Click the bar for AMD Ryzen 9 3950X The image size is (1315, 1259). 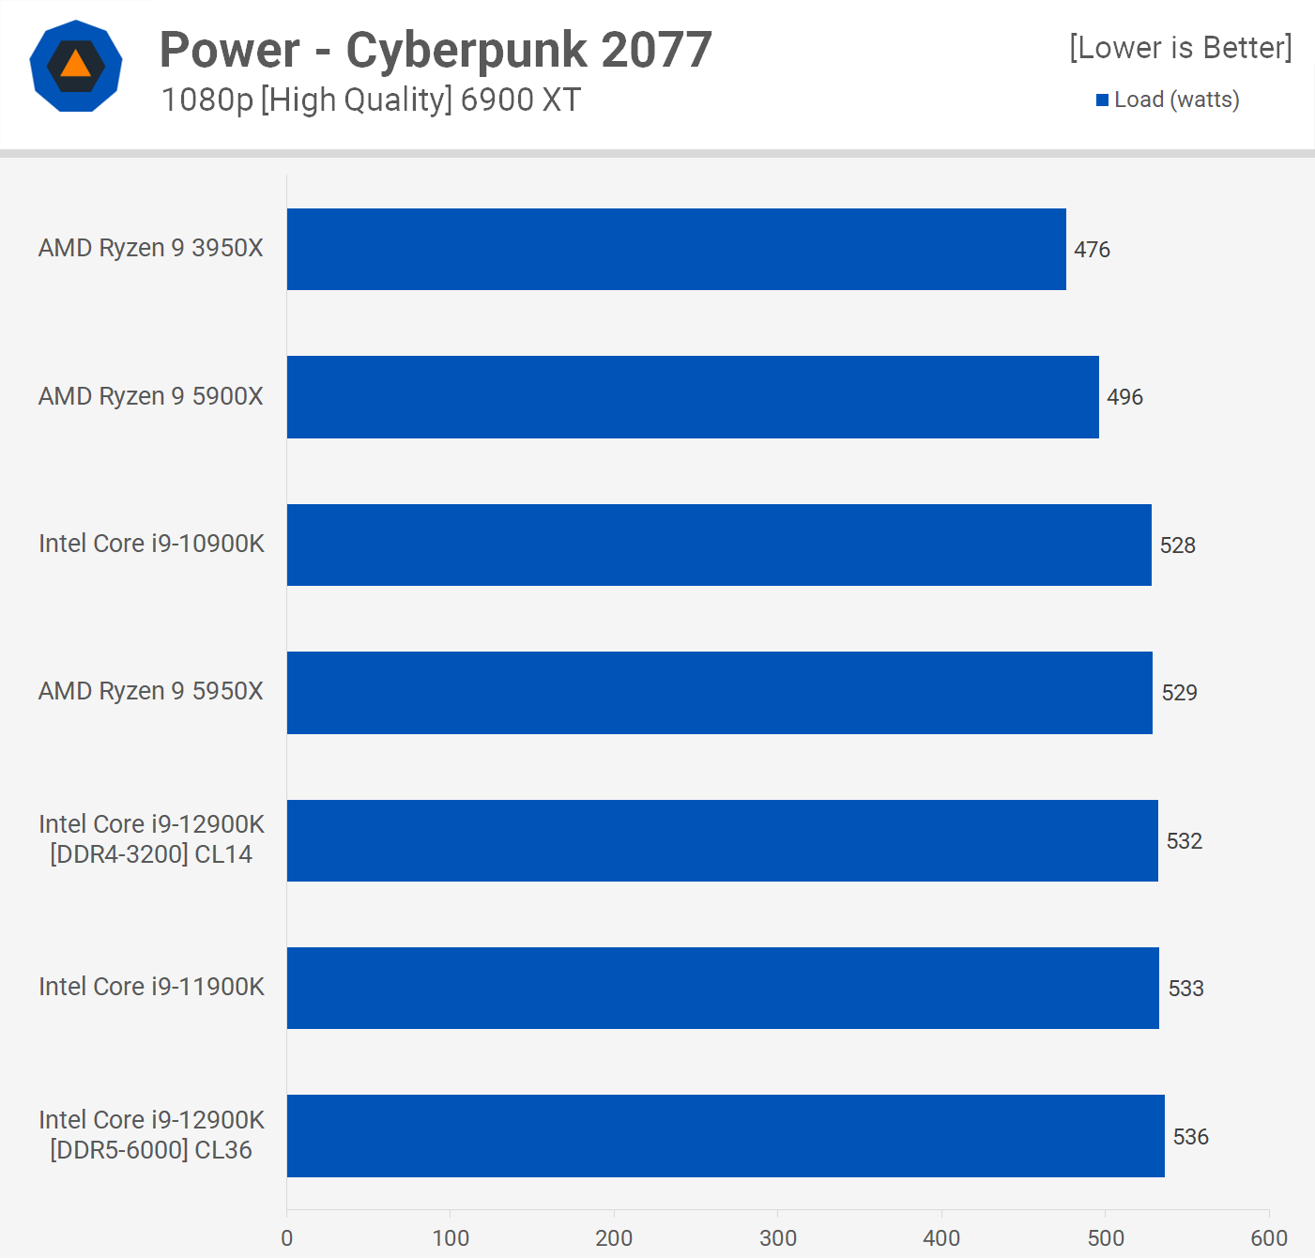(676, 249)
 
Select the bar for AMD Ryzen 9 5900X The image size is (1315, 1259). (693, 397)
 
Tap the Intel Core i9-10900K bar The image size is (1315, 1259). (719, 545)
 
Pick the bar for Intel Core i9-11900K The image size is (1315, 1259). (723, 988)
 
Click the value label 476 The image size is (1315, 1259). (1092, 250)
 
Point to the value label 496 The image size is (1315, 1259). (1124, 397)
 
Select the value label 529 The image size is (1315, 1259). (1179, 693)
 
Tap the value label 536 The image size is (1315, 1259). (1190, 1137)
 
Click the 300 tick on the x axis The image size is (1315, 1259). (777, 1238)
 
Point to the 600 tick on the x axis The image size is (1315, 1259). (1268, 1238)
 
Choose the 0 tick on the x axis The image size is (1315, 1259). (287, 1238)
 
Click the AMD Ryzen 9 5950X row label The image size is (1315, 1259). (151, 691)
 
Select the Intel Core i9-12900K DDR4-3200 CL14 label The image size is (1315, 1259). (151, 839)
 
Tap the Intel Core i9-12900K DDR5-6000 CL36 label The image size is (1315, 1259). (151, 1135)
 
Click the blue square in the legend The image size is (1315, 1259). (1103, 100)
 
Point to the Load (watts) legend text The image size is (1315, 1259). (1176, 100)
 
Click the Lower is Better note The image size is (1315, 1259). (1180, 48)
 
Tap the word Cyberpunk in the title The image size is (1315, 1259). (466, 50)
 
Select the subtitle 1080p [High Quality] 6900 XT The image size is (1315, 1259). (371, 100)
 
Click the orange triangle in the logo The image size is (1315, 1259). (76, 65)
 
